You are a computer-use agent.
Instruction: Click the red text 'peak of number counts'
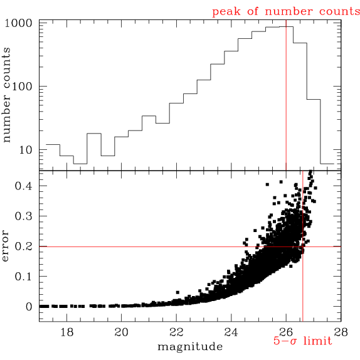(x=286, y=11)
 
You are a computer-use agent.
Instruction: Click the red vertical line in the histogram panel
(x=286, y=94)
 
